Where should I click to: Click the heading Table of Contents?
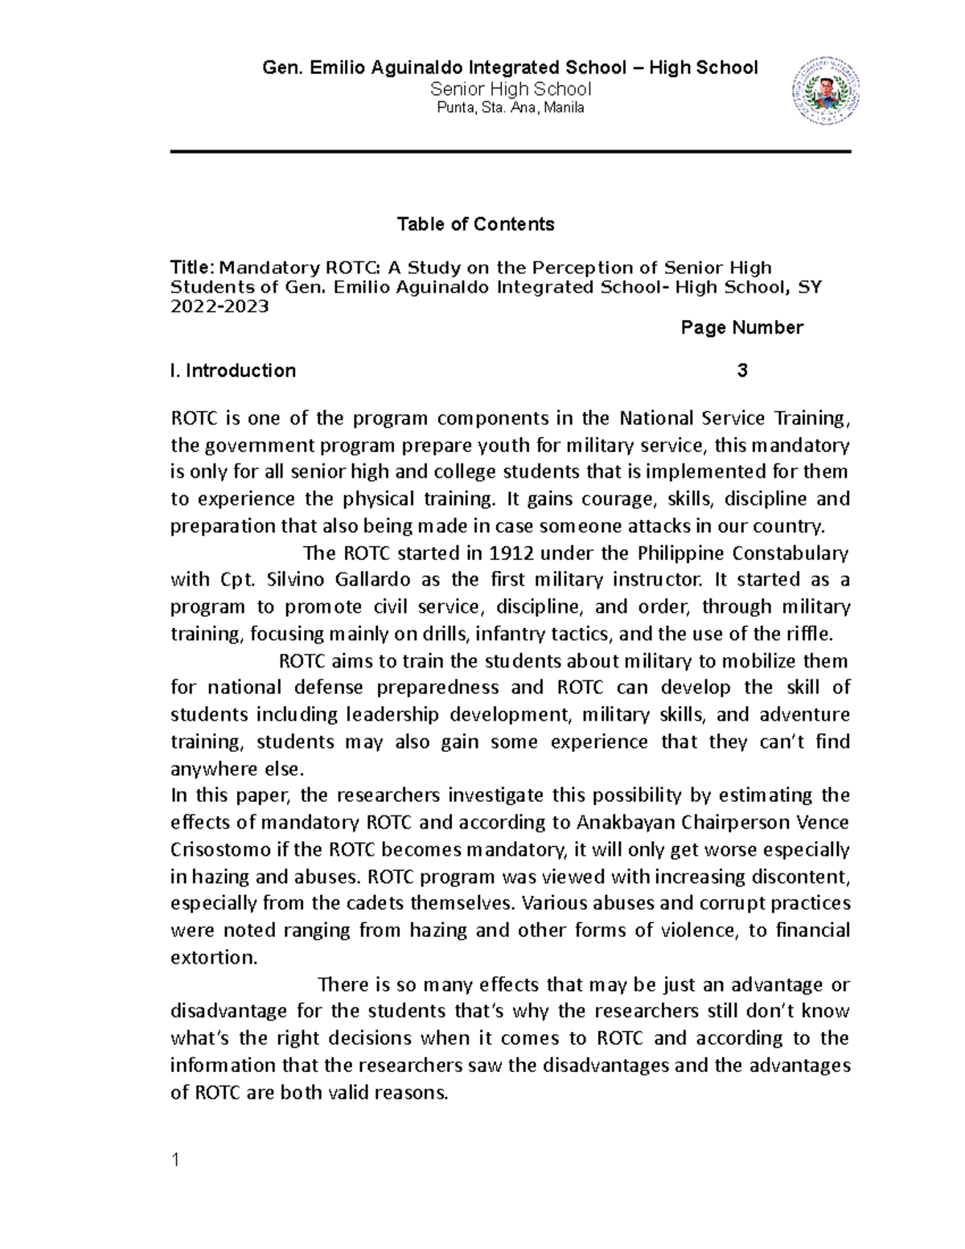(475, 224)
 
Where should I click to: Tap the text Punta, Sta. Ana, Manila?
(510, 109)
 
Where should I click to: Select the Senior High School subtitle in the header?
(511, 89)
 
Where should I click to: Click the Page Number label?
(741, 327)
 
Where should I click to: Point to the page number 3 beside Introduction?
(741, 371)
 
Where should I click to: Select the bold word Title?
(193, 268)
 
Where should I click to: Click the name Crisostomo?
(218, 849)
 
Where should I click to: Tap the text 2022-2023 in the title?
(220, 307)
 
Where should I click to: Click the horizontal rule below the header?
(510, 151)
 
